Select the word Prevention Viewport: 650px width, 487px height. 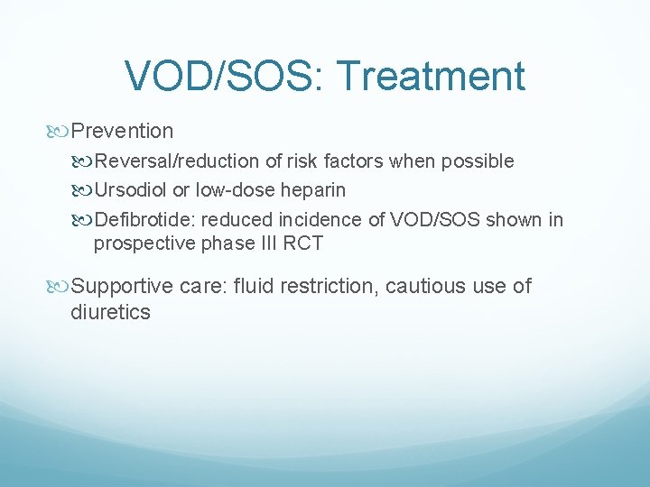click(122, 131)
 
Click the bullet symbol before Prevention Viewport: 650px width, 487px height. click(60, 132)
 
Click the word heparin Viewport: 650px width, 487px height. click(313, 191)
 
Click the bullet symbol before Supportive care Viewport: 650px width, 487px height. click(60, 287)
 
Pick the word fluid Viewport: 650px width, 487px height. click(254, 287)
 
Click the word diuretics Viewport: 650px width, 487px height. click(110, 313)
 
